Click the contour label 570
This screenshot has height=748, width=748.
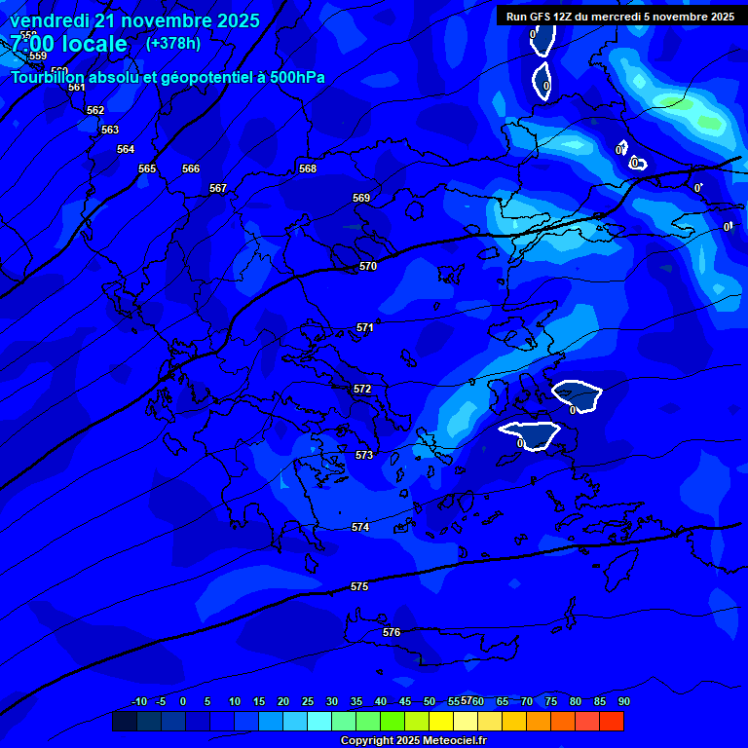pos(367,266)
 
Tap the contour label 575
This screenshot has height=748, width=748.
pos(359,586)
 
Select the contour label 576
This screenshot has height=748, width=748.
pos(392,632)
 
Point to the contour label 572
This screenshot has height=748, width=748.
pos(362,389)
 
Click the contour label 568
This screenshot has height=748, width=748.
pos(308,168)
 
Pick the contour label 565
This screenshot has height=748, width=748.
pos(147,168)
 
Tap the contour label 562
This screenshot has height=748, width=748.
pos(95,110)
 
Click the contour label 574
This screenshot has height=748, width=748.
pos(360,527)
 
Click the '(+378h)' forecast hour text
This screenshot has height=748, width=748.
pos(173,43)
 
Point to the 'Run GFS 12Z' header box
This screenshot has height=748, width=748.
pos(620,17)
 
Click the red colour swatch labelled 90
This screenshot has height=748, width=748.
pos(612,722)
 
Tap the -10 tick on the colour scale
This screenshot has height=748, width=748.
pos(138,701)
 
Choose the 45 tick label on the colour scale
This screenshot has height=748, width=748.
pos(405,701)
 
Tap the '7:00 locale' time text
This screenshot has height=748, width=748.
pos(68,44)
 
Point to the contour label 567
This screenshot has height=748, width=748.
pos(218,188)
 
